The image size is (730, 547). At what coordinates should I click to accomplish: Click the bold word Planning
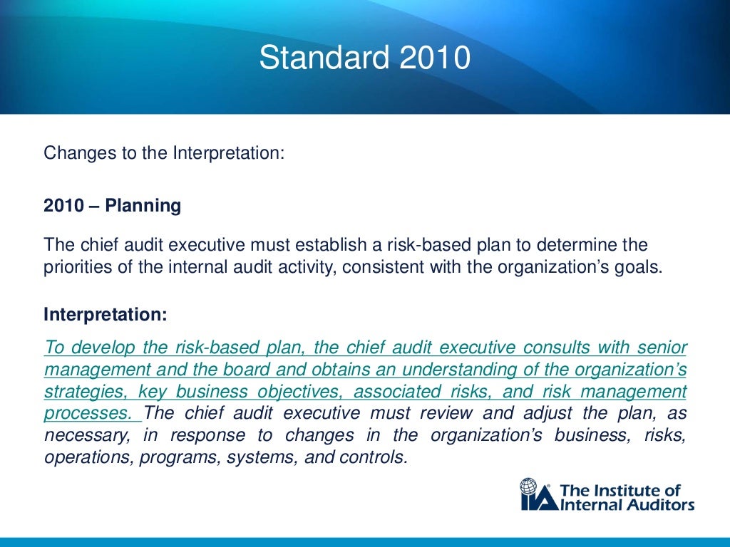(x=143, y=207)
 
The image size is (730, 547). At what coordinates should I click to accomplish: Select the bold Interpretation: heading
(x=105, y=315)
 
